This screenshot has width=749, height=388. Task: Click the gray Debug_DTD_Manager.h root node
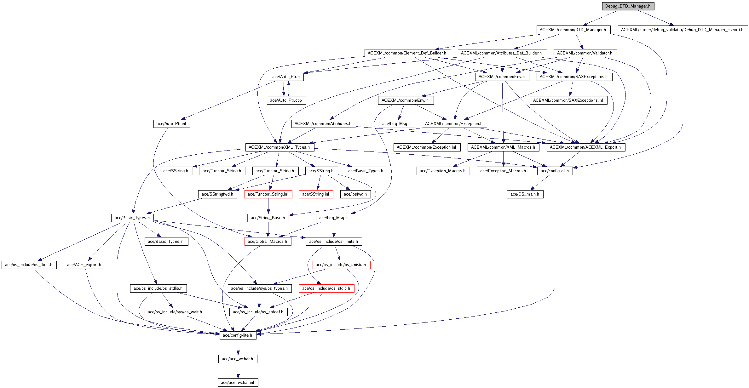pyautogui.click(x=628, y=6)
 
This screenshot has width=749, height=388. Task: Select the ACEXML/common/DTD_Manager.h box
pyautogui.click(x=573, y=30)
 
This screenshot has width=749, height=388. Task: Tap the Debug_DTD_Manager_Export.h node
pyautogui.click(x=682, y=30)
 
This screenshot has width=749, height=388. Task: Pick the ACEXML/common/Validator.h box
pyautogui.click(x=585, y=53)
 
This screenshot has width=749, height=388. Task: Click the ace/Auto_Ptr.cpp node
pyautogui.click(x=286, y=100)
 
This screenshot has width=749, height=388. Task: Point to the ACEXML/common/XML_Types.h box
pyautogui.click(x=279, y=147)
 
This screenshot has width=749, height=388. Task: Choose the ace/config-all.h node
pyautogui.click(x=555, y=171)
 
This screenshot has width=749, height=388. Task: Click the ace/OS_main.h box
pyautogui.click(x=525, y=194)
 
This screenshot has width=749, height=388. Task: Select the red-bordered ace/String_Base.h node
pyautogui.click(x=268, y=218)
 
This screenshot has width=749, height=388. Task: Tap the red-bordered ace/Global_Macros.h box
pyautogui.click(x=268, y=242)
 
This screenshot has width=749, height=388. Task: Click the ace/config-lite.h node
pyautogui.click(x=238, y=335)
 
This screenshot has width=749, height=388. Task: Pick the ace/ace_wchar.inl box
pyautogui.click(x=238, y=383)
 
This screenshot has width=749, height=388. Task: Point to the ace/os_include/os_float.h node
pyautogui.click(x=29, y=265)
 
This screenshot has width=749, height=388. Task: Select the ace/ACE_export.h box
pyautogui.click(x=84, y=265)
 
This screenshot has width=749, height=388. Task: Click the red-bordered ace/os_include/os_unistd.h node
pyautogui.click(x=341, y=265)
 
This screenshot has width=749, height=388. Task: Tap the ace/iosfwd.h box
pyautogui.click(x=355, y=194)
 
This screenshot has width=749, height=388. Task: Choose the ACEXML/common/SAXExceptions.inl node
pyautogui.click(x=568, y=100)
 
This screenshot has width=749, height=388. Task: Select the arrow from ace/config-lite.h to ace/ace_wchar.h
pyautogui.click(x=238, y=347)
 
